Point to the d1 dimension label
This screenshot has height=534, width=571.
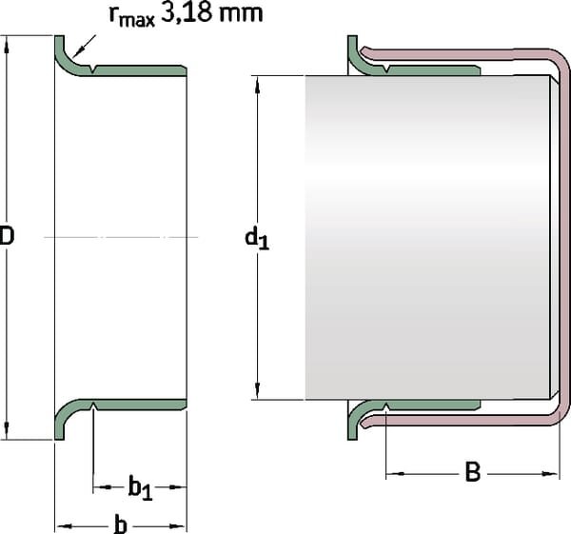click(257, 238)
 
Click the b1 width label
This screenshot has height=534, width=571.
click(140, 488)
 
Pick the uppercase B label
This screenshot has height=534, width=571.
click(472, 472)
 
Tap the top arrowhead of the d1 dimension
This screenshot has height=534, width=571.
click(257, 81)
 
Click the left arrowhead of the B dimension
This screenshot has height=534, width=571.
click(391, 472)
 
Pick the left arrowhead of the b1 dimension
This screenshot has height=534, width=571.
click(99, 488)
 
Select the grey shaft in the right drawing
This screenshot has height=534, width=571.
click(428, 238)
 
